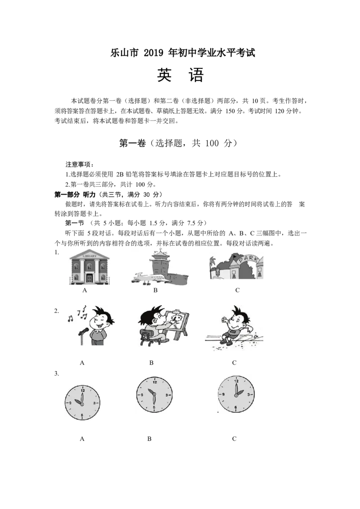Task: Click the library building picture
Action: coord(90,267)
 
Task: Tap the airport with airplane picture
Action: coord(160,267)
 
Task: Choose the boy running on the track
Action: coord(234,327)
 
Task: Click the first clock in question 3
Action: coord(82,403)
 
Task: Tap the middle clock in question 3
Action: coord(154,395)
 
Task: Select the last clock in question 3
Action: coord(236,394)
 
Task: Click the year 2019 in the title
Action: coord(153,53)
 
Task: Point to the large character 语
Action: coord(196,75)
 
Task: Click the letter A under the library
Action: coord(85,290)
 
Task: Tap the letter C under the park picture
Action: coord(238,290)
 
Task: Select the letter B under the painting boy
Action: coord(151,362)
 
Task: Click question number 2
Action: coord(57,311)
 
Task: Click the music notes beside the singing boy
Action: coord(77,314)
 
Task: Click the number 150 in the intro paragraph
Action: coord(229,111)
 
